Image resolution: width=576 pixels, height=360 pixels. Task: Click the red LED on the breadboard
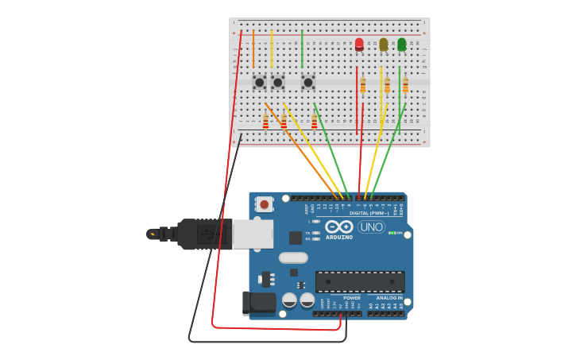[x=359, y=44]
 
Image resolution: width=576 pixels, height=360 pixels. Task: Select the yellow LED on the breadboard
[x=384, y=45]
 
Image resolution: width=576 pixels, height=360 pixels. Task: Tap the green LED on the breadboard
[x=401, y=45]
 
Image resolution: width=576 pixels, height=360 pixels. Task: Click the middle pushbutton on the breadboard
[x=277, y=82]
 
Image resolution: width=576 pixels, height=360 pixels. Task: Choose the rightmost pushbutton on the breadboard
[x=308, y=82]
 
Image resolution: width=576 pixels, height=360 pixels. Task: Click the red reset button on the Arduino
[x=265, y=204]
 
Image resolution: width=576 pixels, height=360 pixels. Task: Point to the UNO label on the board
[x=371, y=226]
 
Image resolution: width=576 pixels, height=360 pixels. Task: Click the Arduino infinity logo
[x=339, y=226]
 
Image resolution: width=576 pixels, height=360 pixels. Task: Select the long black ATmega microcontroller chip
[x=360, y=281]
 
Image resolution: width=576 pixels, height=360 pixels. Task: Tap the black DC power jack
[x=258, y=302]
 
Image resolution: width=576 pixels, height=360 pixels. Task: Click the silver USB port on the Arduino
[x=253, y=234]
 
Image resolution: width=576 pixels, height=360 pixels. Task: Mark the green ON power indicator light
[x=390, y=233]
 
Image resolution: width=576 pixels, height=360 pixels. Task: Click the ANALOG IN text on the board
[x=389, y=297]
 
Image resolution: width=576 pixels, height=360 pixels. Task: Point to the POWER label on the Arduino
[x=351, y=297]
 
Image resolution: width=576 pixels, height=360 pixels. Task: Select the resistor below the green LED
[x=405, y=85]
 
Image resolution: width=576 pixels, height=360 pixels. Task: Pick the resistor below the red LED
[x=363, y=85]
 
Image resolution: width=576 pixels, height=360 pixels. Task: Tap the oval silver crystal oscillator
[x=293, y=257]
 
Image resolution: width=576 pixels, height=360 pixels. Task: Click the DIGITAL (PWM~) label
[x=369, y=213]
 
